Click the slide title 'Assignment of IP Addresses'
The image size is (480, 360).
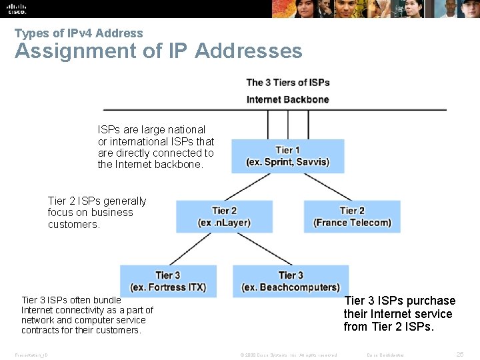[x=158, y=51]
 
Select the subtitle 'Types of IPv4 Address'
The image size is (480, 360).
[x=79, y=33]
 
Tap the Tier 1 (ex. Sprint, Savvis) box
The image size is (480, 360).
[x=287, y=156]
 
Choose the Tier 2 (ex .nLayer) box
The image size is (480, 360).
[x=224, y=217]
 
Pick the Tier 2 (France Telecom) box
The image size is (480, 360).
[x=352, y=217]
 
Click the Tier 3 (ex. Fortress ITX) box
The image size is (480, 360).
[x=168, y=281]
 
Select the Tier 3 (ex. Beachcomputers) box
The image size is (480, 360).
[x=291, y=281]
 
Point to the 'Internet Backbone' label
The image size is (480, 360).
[x=287, y=99]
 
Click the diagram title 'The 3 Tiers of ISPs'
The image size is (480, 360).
[x=287, y=83]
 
